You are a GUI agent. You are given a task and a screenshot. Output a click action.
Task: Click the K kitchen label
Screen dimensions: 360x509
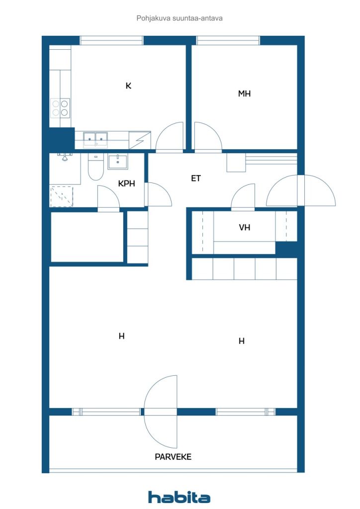129,85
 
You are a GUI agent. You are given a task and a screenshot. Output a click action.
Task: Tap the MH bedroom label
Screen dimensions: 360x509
244,94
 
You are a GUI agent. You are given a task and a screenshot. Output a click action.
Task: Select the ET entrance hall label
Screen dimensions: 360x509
196,178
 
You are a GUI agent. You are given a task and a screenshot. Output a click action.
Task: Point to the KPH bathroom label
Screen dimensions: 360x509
126,183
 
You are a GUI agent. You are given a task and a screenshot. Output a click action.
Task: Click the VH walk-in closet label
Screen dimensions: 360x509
245,228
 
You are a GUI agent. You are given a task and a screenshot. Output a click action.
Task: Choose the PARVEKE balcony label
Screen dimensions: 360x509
173,457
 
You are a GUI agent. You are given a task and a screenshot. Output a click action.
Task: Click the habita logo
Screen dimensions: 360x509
179,497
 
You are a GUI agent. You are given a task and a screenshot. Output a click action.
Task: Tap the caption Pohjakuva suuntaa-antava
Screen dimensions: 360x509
180,18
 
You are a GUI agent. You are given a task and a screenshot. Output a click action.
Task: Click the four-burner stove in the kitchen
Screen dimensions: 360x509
60,108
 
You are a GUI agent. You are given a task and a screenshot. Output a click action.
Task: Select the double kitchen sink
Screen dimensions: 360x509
95,139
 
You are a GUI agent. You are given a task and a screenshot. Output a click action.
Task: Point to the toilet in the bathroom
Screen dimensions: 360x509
96,167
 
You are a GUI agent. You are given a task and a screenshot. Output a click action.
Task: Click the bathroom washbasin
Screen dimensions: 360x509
117,162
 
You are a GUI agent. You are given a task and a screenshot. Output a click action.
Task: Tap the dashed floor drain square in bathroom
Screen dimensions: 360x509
61,196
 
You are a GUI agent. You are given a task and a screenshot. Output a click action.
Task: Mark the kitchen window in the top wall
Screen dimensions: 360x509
112,40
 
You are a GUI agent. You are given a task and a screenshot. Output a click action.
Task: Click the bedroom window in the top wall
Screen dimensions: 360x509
228,40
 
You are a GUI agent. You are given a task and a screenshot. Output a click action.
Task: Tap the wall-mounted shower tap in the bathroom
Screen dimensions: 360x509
64,157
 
